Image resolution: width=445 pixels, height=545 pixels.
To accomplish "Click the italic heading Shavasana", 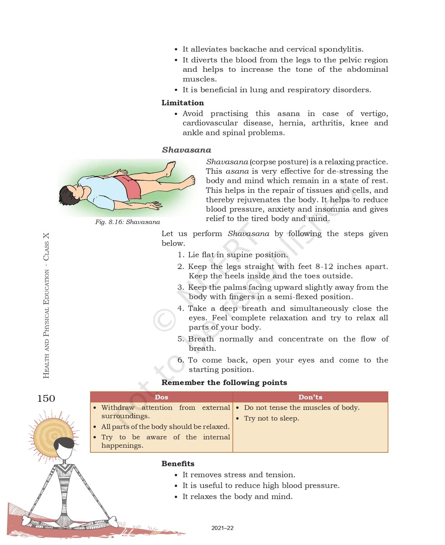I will [x=186, y=150].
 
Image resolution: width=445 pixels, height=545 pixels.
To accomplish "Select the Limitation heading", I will [x=182, y=103].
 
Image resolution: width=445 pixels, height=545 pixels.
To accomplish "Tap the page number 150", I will [x=46, y=398].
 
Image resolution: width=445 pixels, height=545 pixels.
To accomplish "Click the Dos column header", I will [x=161, y=397].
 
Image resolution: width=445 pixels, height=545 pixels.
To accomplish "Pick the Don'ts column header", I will [x=310, y=397].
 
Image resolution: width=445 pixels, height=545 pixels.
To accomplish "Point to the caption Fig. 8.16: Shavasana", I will [x=127, y=222].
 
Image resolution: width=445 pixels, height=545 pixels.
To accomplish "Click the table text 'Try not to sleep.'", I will [x=271, y=418].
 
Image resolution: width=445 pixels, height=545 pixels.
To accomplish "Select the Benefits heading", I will [x=178, y=464].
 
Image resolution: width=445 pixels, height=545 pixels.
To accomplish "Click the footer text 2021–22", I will [x=222, y=528].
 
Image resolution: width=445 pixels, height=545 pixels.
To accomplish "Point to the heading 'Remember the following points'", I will [x=224, y=383].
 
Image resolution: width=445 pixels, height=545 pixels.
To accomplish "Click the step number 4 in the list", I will [x=180, y=308].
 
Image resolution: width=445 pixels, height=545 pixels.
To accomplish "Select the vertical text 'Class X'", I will [x=46, y=247].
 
